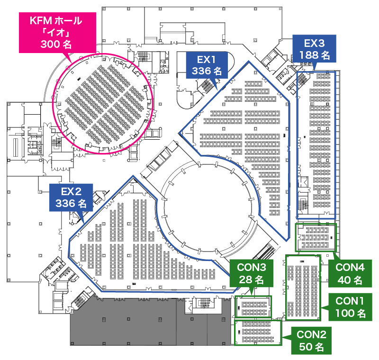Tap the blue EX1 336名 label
coord(207,65)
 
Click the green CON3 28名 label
coord(252,274)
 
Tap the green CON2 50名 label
coord(311,340)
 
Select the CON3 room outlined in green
coord(253,306)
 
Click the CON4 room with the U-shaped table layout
coord(315,237)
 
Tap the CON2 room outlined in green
coord(258,333)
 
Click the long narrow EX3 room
coord(316,142)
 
